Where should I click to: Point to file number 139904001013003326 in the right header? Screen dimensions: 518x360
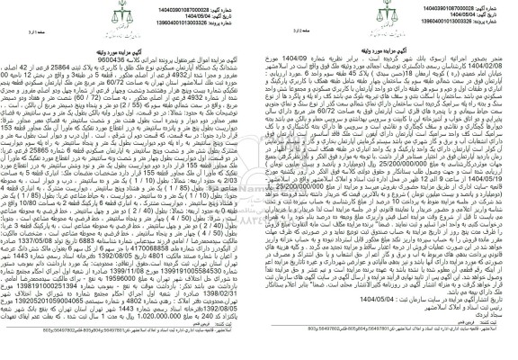point(450,22)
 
